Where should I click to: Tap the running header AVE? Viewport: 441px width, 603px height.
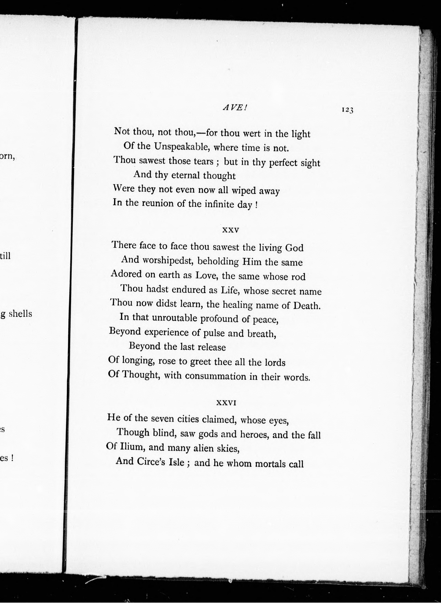click(x=235, y=108)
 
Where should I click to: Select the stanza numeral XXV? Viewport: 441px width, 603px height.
click(x=230, y=230)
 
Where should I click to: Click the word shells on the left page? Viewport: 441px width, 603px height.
click(x=20, y=314)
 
